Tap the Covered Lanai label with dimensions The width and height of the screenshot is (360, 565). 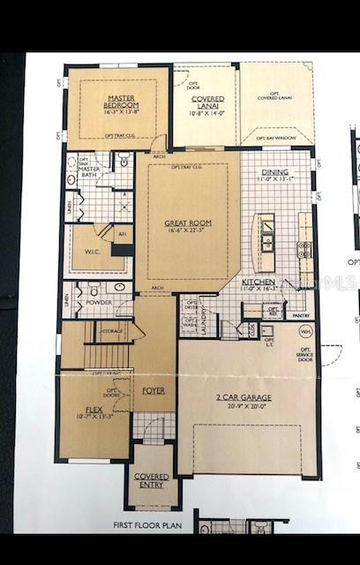click(208, 107)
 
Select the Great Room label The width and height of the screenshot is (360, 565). click(186, 228)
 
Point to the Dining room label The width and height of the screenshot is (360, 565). click(279, 177)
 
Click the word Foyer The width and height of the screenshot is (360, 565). click(154, 389)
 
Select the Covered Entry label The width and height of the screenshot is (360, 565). click(153, 481)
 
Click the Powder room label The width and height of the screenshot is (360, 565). click(99, 301)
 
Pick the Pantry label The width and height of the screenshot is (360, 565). click(301, 315)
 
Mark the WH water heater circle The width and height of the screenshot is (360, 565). click(306, 333)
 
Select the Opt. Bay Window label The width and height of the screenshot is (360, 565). click(275, 138)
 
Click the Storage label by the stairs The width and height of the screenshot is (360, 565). click(112, 332)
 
